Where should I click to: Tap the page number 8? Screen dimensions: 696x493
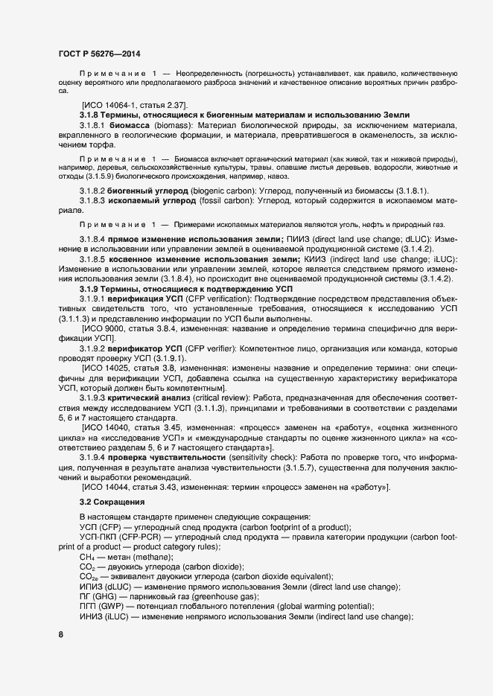point(60,634)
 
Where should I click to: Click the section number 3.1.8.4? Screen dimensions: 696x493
point(95,237)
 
